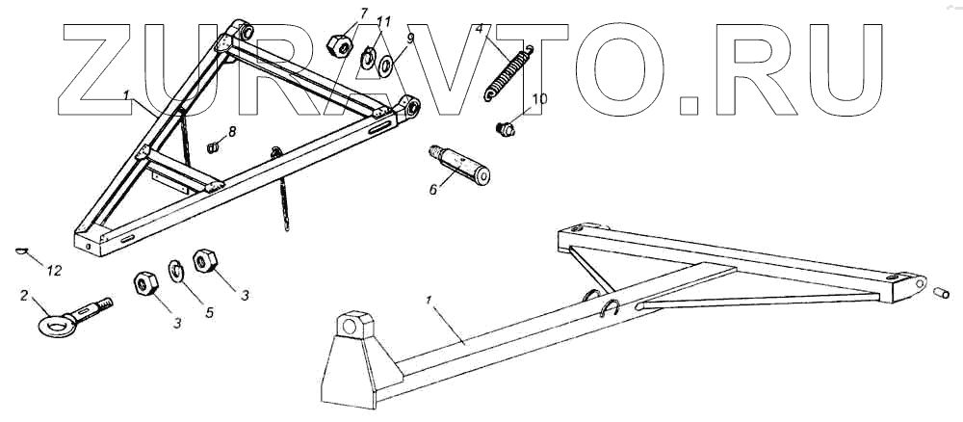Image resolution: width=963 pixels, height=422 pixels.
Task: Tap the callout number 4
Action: tap(479, 31)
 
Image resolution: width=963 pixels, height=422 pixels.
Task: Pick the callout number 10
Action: tap(539, 98)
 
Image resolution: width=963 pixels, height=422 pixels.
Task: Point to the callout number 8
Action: tap(231, 130)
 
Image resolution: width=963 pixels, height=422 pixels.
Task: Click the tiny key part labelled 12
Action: tap(22, 251)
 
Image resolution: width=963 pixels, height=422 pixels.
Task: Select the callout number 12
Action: tap(54, 271)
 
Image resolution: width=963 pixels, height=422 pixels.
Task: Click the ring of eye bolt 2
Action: tap(50, 324)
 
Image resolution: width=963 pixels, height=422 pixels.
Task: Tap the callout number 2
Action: tap(24, 297)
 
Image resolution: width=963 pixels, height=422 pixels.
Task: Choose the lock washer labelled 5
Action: tap(177, 272)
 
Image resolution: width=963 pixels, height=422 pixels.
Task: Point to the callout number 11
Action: tap(383, 20)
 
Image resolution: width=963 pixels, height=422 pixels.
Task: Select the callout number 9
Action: tap(409, 39)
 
